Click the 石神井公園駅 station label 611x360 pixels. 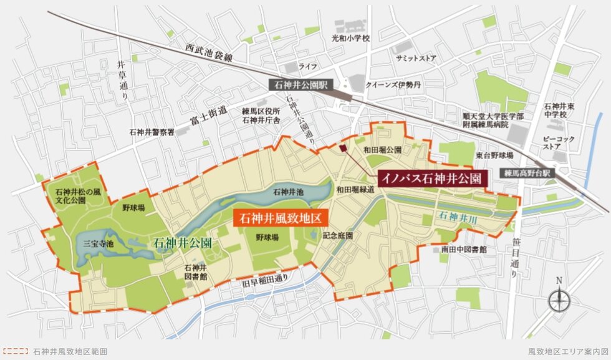(301, 84)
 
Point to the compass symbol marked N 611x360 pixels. (559, 301)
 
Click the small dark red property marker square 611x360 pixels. (343, 148)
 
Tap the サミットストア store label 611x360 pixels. (416, 58)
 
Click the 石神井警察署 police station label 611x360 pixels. (152, 132)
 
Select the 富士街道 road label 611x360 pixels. (206, 116)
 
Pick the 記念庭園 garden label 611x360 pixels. (338, 236)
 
